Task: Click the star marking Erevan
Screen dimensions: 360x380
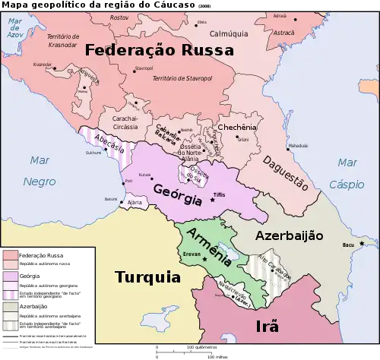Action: tap(204, 260)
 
